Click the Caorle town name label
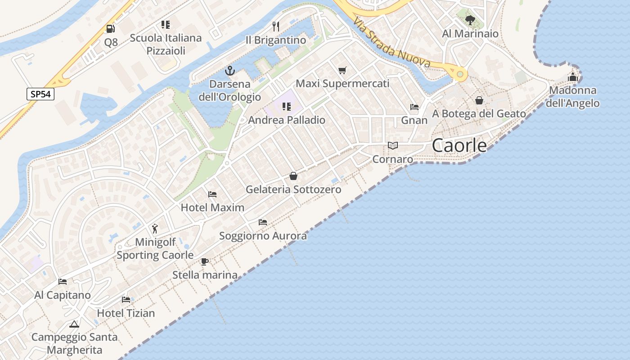point(459,145)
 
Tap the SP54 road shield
point(40,94)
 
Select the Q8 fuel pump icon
point(110,29)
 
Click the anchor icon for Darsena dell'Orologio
point(230,71)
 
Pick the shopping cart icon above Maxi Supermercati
point(342,70)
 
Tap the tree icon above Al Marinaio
point(470,20)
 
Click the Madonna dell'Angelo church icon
point(572,77)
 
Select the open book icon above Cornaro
point(393,145)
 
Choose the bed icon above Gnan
point(414,107)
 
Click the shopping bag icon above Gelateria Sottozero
point(293,176)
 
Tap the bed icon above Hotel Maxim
point(212,194)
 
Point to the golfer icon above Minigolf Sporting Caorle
point(155,229)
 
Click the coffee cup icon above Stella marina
point(205,261)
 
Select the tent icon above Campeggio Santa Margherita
point(74,324)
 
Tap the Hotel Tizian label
point(126,313)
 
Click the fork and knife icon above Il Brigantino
point(276,27)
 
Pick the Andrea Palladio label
point(287,120)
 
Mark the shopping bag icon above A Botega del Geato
point(479,100)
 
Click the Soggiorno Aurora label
point(263,236)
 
